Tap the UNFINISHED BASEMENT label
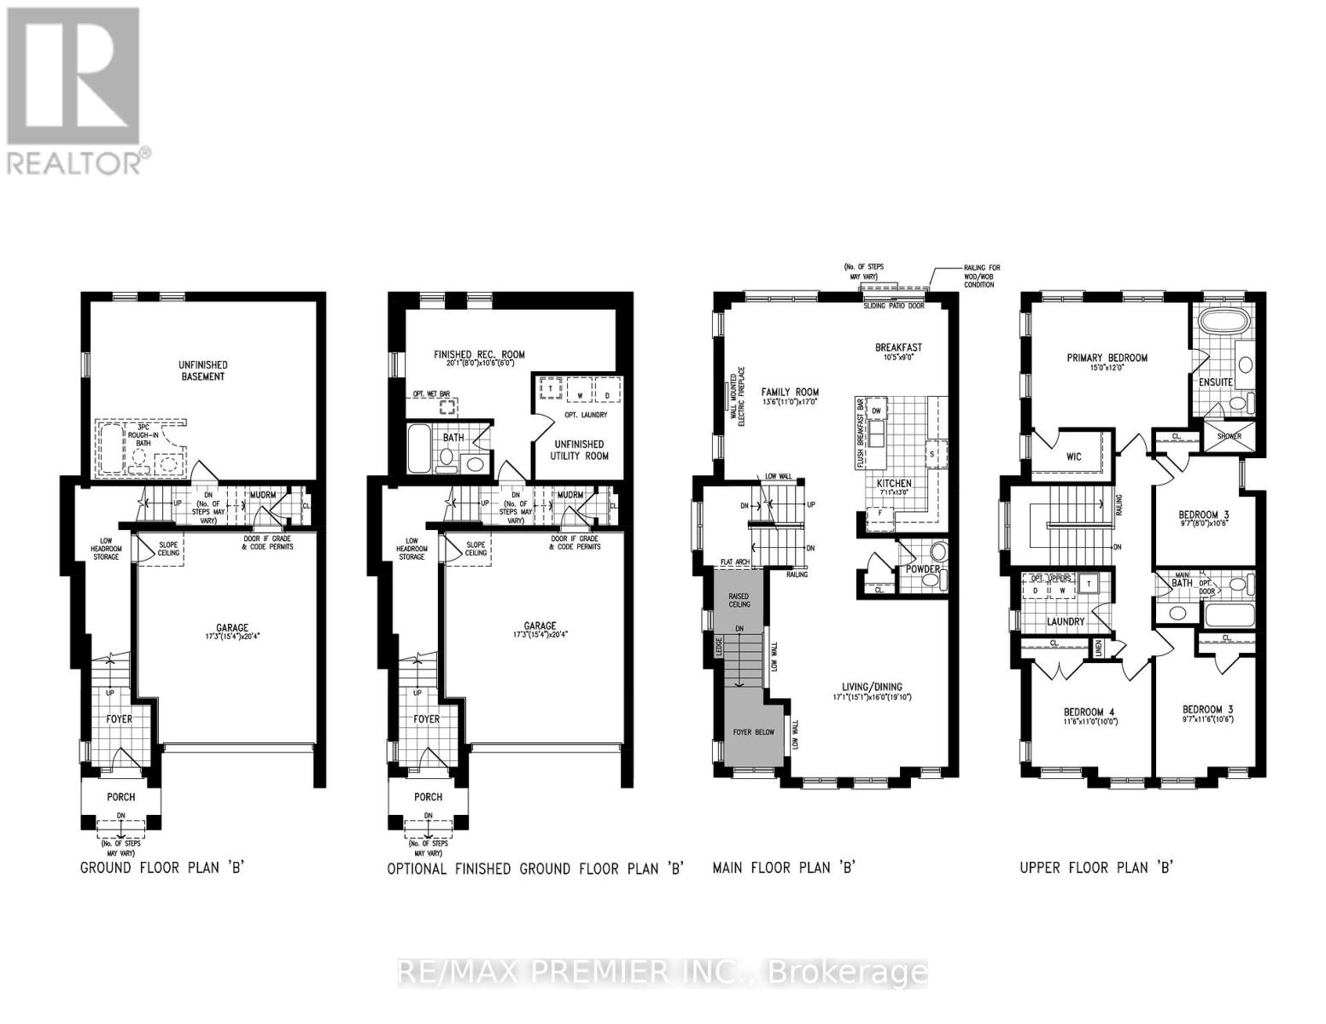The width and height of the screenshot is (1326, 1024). [202, 370]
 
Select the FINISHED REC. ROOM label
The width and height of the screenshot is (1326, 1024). [479, 355]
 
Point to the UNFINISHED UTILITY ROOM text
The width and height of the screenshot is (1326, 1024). [578, 450]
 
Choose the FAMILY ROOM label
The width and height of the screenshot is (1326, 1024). [790, 393]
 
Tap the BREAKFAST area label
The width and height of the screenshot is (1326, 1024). [898, 347]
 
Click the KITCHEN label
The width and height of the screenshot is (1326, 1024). [894, 483]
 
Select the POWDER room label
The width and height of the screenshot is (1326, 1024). [922, 569]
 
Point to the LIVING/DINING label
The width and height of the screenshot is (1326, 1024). [867, 686]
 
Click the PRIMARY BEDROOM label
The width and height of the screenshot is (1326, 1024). [1107, 358]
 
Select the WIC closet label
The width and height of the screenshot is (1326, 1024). [1073, 457]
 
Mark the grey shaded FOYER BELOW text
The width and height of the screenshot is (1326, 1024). [754, 732]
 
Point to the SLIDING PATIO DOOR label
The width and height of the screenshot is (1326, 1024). [893, 305]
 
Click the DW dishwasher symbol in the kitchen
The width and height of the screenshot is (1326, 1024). [876, 410]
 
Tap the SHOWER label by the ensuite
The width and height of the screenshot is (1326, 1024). [1229, 436]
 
